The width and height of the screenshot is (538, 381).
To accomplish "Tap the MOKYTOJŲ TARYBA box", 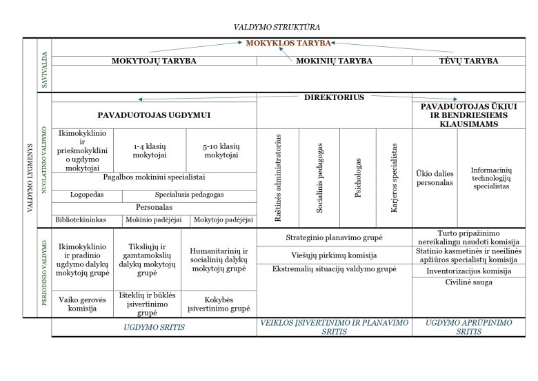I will (x=154, y=61).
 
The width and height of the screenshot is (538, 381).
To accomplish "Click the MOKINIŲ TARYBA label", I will (x=334, y=61).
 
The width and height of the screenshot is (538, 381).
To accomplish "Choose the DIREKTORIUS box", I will (x=334, y=97).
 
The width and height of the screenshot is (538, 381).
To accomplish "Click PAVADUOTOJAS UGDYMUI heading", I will (x=154, y=115).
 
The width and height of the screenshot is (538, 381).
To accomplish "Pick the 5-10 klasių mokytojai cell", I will (x=221, y=150).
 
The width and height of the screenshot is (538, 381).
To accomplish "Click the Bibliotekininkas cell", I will (x=81, y=220).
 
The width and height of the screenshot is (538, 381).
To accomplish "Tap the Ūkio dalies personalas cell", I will (x=434, y=178).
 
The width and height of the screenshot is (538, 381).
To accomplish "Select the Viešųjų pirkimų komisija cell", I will (x=334, y=253).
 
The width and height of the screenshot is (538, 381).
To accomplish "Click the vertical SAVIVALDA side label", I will (x=45, y=66).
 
